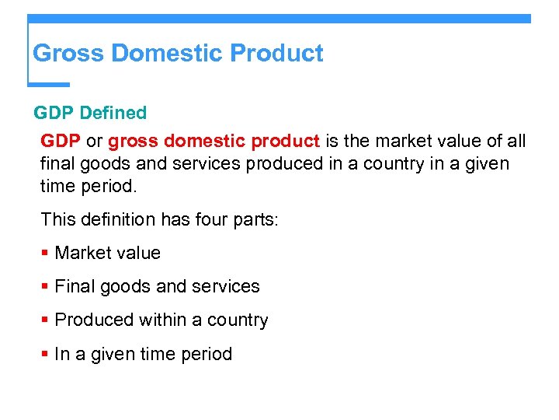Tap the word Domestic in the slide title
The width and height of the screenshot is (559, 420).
(167, 54)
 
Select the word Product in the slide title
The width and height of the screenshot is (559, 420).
(277, 54)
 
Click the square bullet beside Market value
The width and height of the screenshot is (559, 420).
(46, 254)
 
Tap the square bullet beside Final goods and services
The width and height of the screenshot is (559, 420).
(46, 287)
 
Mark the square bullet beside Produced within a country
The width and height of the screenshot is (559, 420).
(46, 320)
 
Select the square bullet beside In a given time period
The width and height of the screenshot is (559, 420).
(46, 354)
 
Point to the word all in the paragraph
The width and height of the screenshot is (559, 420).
(516, 142)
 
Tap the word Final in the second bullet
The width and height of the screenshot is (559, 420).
(74, 287)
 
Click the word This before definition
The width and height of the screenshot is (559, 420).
(58, 219)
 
